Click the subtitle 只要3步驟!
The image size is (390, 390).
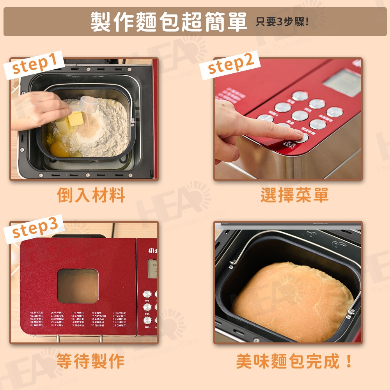coord(282,22)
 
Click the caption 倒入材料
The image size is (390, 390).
coord(91,195)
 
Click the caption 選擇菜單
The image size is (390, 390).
coord(294,195)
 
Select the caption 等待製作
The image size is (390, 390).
coord(90,361)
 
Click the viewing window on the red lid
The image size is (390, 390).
coord(78,286)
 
